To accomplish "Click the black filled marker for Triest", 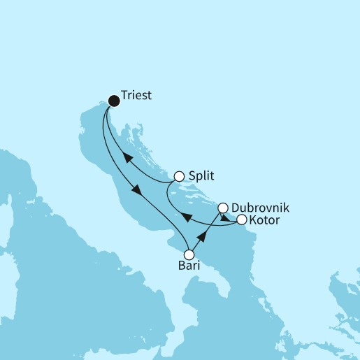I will [x=113, y=101].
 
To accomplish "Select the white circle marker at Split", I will [x=179, y=176].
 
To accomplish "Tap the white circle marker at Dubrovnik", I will [x=223, y=208].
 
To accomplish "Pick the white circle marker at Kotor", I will [x=242, y=220].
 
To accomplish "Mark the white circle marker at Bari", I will [x=188, y=254].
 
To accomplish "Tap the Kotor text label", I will [x=265, y=220].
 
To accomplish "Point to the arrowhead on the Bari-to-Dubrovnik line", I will [x=203, y=233].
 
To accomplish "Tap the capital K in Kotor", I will [x=253, y=220].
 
